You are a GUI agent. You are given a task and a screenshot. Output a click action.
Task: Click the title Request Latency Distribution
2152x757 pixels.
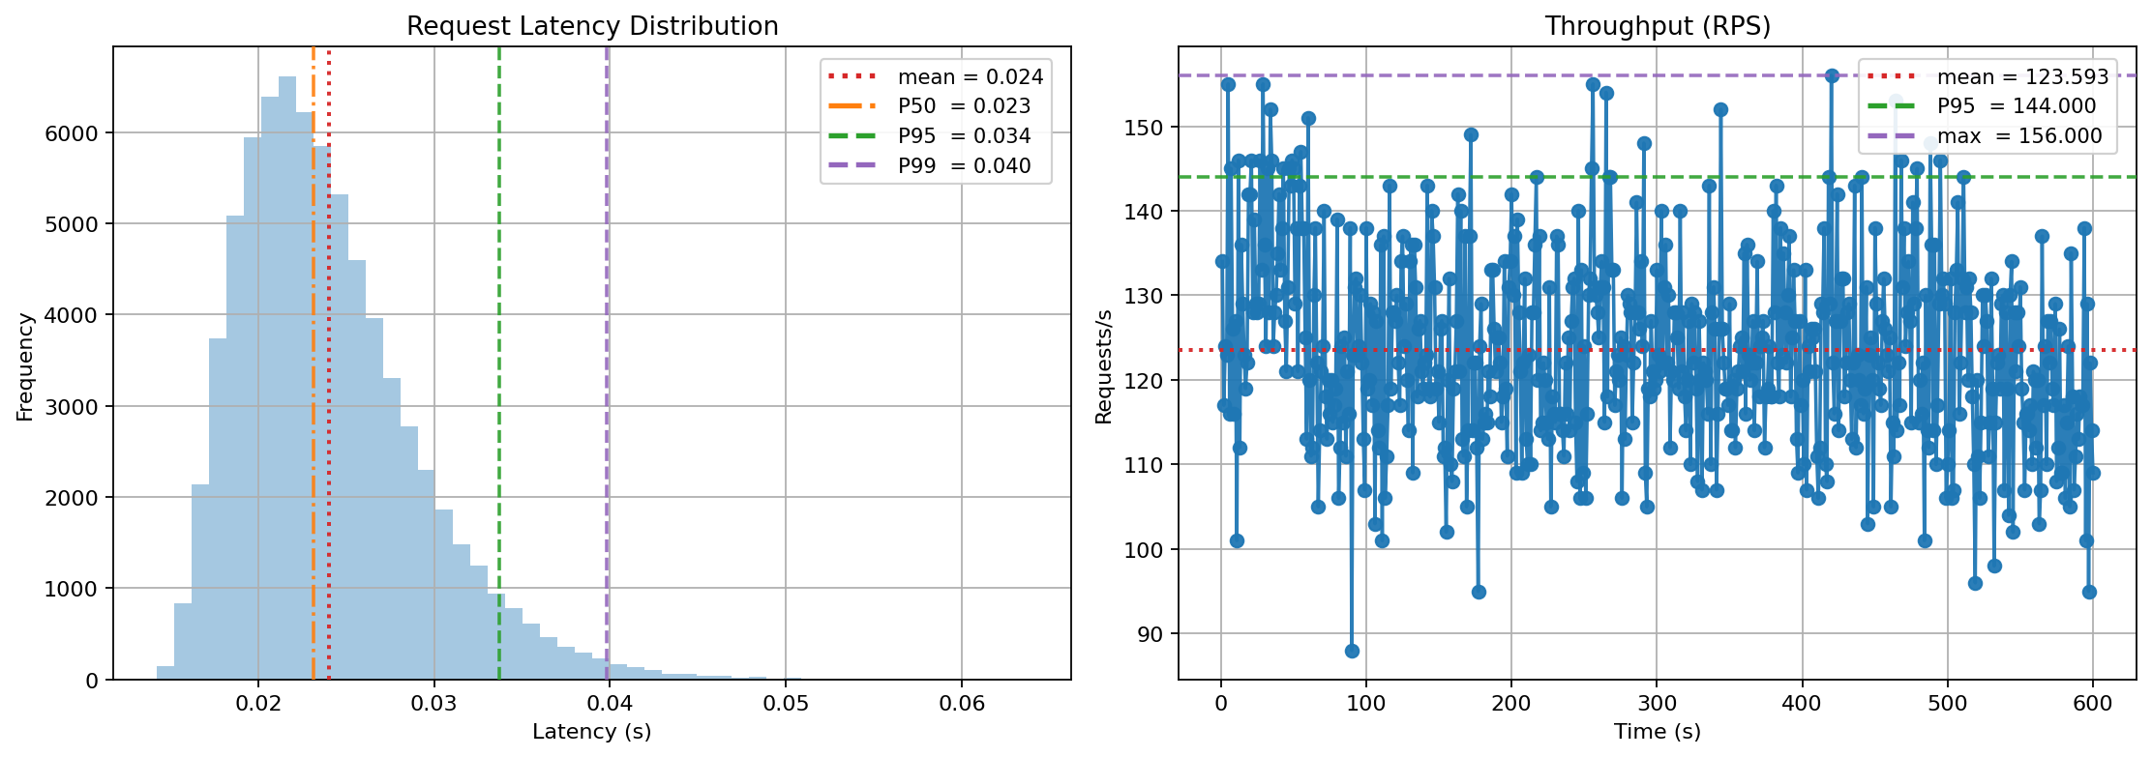pyautogui.click(x=592, y=26)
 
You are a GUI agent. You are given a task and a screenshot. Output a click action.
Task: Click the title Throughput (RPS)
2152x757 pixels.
pyautogui.click(x=1658, y=26)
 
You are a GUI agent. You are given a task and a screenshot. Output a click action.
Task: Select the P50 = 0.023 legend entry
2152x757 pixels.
pyautogui.click(x=964, y=106)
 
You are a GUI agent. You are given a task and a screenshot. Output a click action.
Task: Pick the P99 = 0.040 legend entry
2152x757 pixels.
pyautogui.click(x=964, y=166)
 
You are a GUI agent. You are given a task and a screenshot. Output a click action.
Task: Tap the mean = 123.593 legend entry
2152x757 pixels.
pyautogui.click(x=2022, y=77)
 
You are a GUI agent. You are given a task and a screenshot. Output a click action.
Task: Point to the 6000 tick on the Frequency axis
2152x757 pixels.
pyautogui.click(x=72, y=133)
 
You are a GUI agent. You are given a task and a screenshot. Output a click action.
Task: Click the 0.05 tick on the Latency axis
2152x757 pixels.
pyautogui.click(x=786, y=703)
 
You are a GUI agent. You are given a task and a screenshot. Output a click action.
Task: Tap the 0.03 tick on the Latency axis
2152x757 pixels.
pyautogui.click(x=433, y=703)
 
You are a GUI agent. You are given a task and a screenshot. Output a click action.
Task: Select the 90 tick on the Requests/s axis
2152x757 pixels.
pyautogui.click(x=1151, y=634)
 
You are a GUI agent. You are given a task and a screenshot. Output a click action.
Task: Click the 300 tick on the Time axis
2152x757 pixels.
pyautogui.click(x=1657, y=703)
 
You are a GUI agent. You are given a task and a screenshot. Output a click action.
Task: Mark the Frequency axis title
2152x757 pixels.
pyautogui.click(x=25, y=366)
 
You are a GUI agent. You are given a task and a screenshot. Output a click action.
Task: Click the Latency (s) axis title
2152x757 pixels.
pyautogui.click(x=592, y=732)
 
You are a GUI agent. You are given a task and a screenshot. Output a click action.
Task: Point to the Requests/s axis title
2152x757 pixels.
pyautogui.click(x=1104, y=366)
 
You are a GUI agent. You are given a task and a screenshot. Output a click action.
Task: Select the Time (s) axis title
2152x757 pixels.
pyautogui.click(x=1657, y=732)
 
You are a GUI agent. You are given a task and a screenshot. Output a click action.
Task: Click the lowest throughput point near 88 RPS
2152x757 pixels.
pyautogui.click(x=1352, y=651)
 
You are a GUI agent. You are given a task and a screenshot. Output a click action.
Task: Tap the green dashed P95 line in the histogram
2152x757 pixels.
pyautogui.click(x=499, y=387)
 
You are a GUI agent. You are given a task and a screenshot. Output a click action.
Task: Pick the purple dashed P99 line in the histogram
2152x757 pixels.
pyautogui.click(x=607, y=387)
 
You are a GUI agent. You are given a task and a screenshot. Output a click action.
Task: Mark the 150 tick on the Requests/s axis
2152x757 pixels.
pyautogui.click(x=1146, y=127)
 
